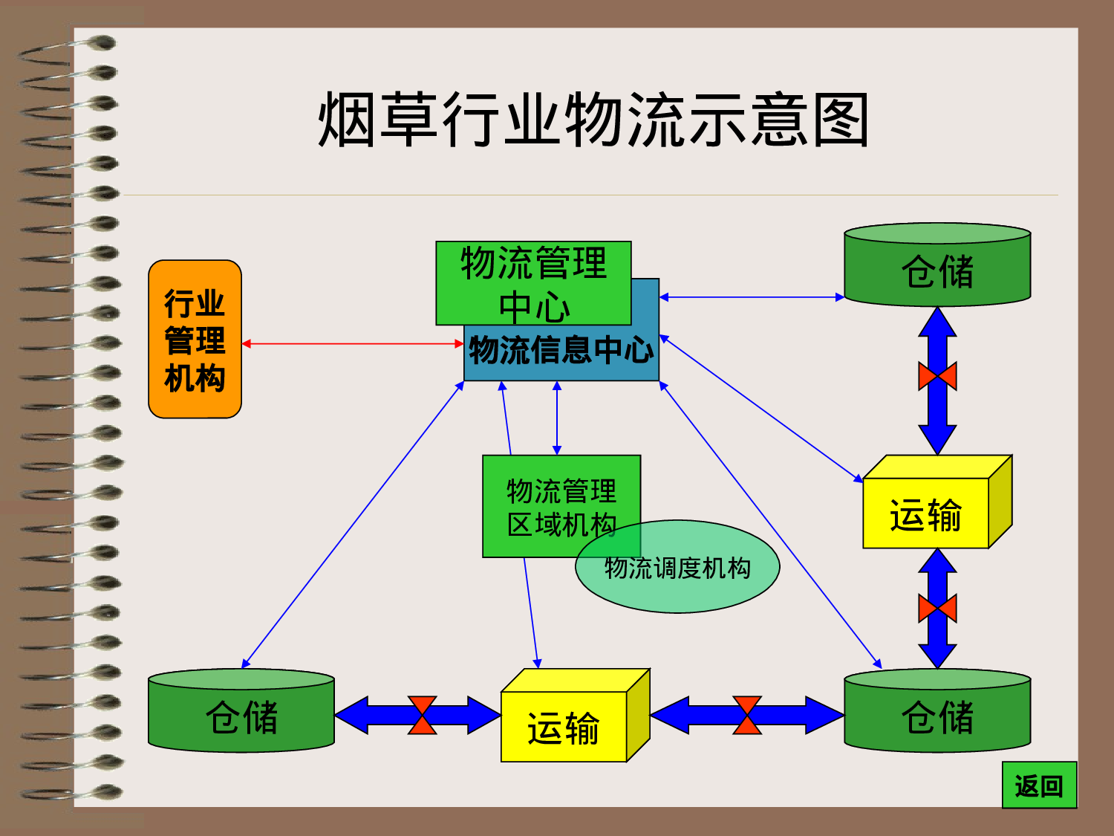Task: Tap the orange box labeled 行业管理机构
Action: coord(195,340)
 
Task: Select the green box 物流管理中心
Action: coord(533,283)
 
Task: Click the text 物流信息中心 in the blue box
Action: coord(561,350)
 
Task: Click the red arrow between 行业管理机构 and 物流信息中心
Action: coord(353,343)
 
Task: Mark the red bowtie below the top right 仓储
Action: coord(937,376)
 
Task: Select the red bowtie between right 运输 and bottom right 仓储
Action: coord(937,609)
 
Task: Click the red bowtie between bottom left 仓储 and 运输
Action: coord(422,715)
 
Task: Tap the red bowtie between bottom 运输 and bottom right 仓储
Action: coord(747,715)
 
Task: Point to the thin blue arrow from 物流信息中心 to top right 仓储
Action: coord(752,297)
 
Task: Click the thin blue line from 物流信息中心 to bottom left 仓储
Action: coord(353,525)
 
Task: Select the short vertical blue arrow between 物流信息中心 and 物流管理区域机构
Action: coord(557,418)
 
